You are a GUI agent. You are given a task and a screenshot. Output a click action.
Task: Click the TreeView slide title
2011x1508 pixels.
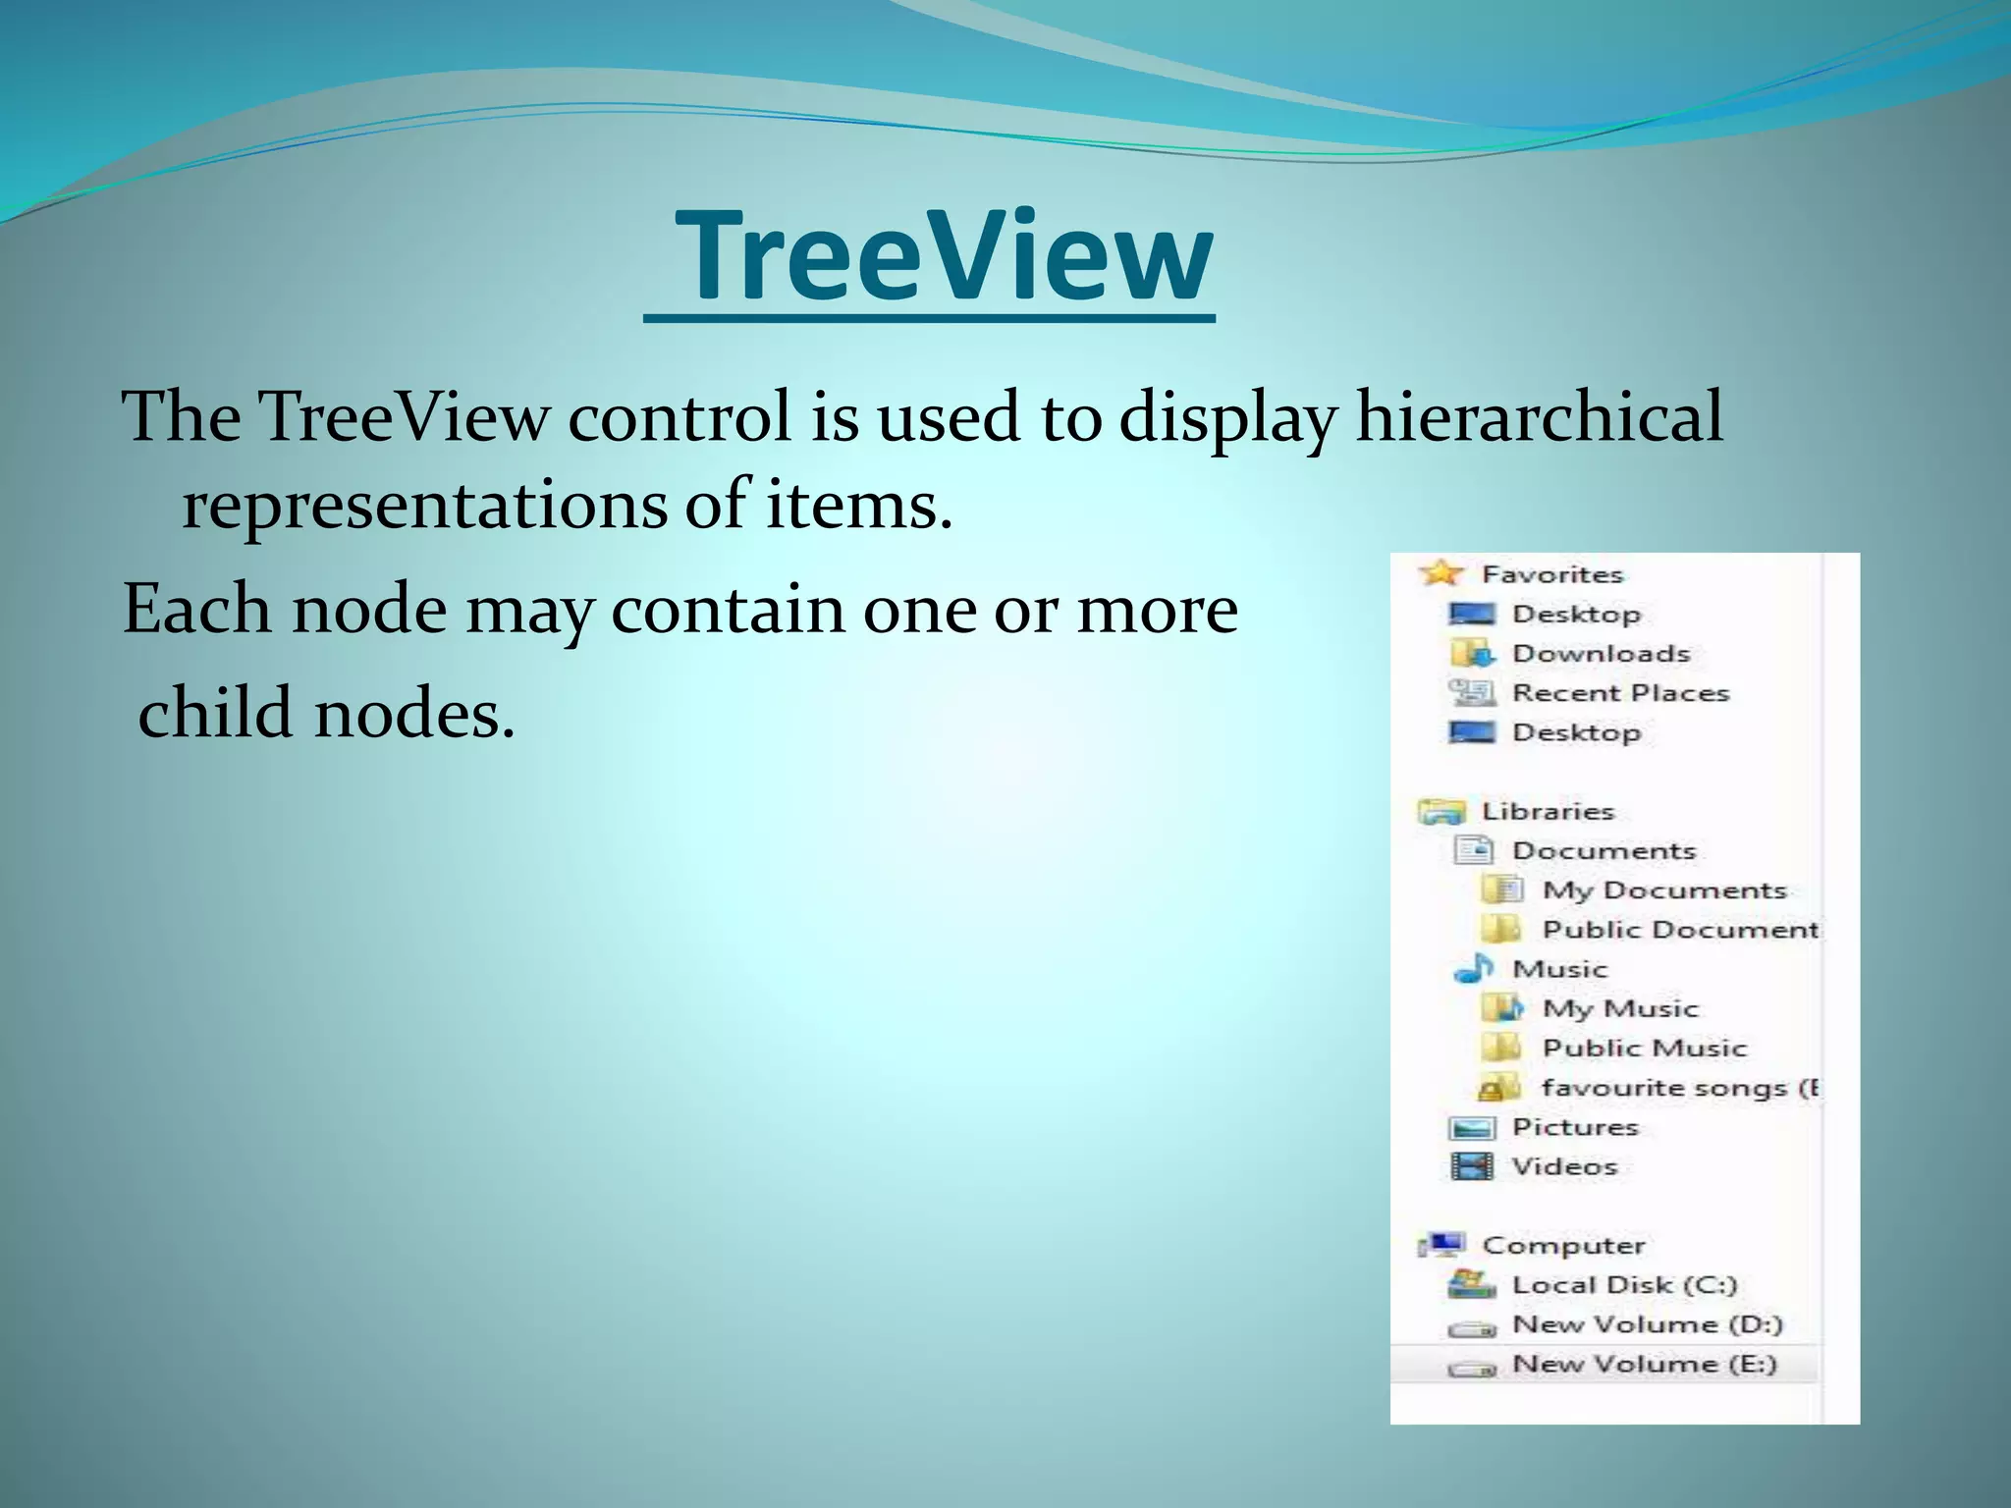[x=943, y=257]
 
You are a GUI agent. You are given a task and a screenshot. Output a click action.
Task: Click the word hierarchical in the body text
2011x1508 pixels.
[x=1539, y=417]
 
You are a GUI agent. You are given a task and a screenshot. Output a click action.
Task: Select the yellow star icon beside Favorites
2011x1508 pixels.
[x=1440, y=572]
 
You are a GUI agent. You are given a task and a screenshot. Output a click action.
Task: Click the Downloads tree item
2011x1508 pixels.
[x=1601, y=654]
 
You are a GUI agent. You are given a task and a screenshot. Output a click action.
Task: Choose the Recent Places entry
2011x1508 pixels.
[x=1620, y=693]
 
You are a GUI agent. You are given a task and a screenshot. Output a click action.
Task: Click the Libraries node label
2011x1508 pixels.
[x=1548, y=812]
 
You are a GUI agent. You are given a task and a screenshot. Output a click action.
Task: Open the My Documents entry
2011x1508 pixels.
[x=1664, y=890]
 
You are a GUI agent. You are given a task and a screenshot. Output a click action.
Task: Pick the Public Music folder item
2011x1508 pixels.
[x=1645, y=1049]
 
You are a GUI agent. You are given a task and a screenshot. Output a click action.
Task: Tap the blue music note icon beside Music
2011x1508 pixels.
[x=1473, y=969]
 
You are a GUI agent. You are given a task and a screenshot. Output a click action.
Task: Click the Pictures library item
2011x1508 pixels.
[x=1575, y=1127]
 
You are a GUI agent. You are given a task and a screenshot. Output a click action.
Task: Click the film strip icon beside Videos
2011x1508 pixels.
[x=1472, y=1166]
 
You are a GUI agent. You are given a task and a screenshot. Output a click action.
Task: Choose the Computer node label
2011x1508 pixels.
[x=1563, y=1246]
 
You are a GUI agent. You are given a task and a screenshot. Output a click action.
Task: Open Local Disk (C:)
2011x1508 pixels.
[x=1624, y=1285]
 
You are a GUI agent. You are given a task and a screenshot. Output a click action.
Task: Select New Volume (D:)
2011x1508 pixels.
[x=1647, y=1324]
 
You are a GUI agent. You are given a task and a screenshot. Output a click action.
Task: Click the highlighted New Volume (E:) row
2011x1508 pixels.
[x=1645, y=1365]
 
